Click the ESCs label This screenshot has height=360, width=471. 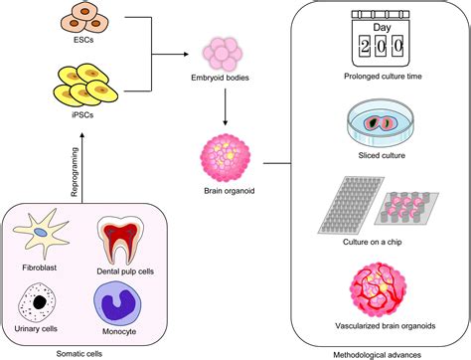point(83,43)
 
